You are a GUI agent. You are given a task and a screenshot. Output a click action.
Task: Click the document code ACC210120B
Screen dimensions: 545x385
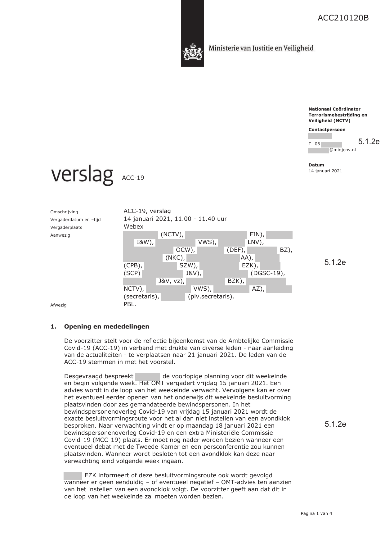(343, 18)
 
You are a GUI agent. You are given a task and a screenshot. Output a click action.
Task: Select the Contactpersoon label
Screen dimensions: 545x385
(327, 129)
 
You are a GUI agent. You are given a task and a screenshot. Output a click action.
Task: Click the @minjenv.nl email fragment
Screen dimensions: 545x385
(342, 150)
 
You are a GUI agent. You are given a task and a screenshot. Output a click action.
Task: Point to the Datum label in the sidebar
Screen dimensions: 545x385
(316, 165)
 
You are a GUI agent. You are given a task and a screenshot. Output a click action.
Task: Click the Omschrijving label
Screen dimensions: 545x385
(64, 212)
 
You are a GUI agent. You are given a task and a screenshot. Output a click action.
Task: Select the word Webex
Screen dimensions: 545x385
(133, 226)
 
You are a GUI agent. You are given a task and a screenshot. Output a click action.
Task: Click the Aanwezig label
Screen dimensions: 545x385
(60, 235)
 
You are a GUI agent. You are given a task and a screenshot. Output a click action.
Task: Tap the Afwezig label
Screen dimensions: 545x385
(58, 305)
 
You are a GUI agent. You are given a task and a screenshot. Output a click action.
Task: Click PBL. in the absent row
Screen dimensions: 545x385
(130, 304)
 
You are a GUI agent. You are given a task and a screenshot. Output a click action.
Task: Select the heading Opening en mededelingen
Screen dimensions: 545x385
(106, 326)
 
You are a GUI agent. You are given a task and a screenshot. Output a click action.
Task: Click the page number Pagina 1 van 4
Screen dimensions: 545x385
(316, 513)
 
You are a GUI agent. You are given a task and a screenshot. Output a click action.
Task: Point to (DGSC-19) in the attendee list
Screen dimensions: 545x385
(267, 273)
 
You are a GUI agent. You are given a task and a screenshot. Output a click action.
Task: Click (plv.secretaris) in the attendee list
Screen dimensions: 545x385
(211, 296)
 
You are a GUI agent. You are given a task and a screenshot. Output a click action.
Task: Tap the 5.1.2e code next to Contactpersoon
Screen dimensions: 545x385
(369, 142)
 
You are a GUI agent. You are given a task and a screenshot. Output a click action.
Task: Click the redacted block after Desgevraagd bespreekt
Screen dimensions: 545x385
(147, 376)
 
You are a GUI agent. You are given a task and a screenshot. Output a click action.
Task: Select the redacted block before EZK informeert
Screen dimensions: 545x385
(73, 475)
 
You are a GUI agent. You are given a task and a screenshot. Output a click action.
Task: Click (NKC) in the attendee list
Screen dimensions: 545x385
(175, 258)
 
